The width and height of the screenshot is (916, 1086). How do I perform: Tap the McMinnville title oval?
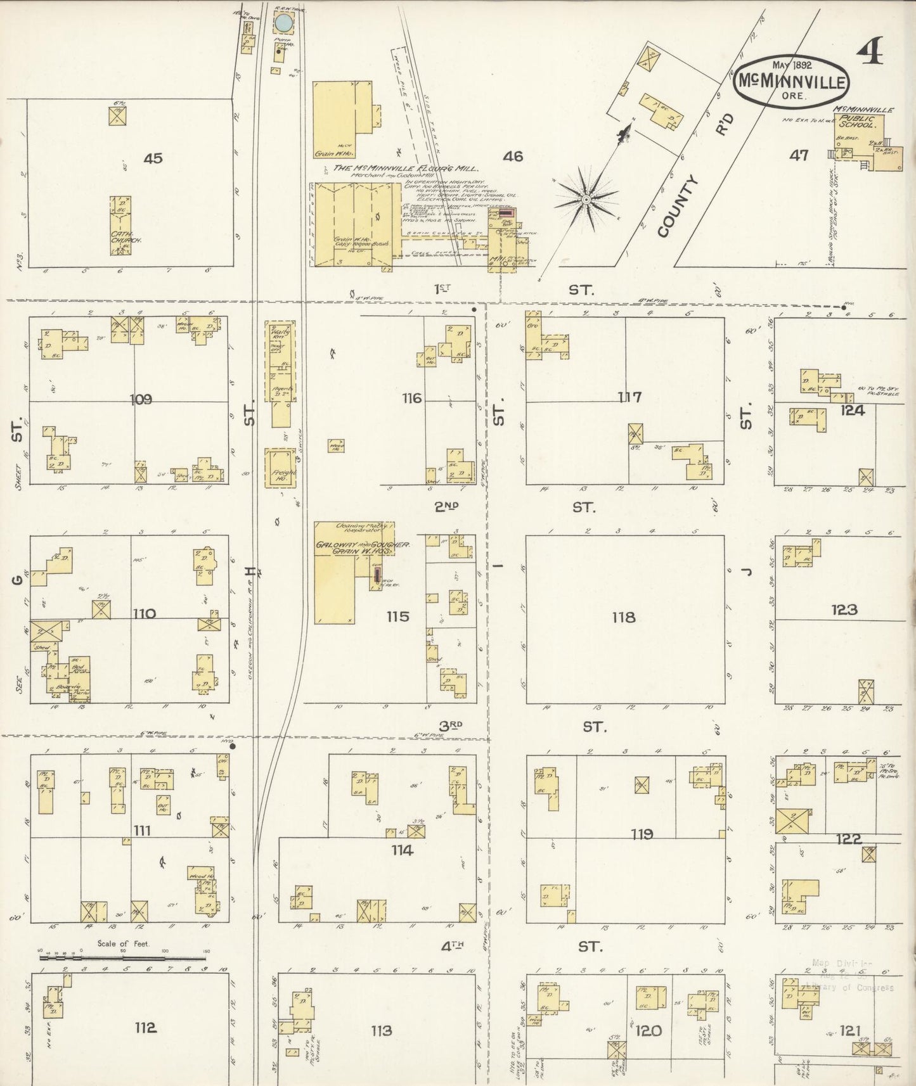point(792,82)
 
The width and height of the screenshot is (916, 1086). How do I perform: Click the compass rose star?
point(586,200)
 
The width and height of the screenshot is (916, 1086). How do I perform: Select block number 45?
point(153,158)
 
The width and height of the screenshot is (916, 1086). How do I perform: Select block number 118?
point(624,617)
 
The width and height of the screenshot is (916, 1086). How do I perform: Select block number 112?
point(145,1027)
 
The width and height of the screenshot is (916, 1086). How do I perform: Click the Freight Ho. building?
point(278,468)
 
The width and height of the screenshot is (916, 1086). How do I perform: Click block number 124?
point(852,411)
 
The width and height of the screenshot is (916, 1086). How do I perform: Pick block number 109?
point(141,399)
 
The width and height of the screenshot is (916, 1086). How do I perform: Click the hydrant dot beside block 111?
point(233,746)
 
